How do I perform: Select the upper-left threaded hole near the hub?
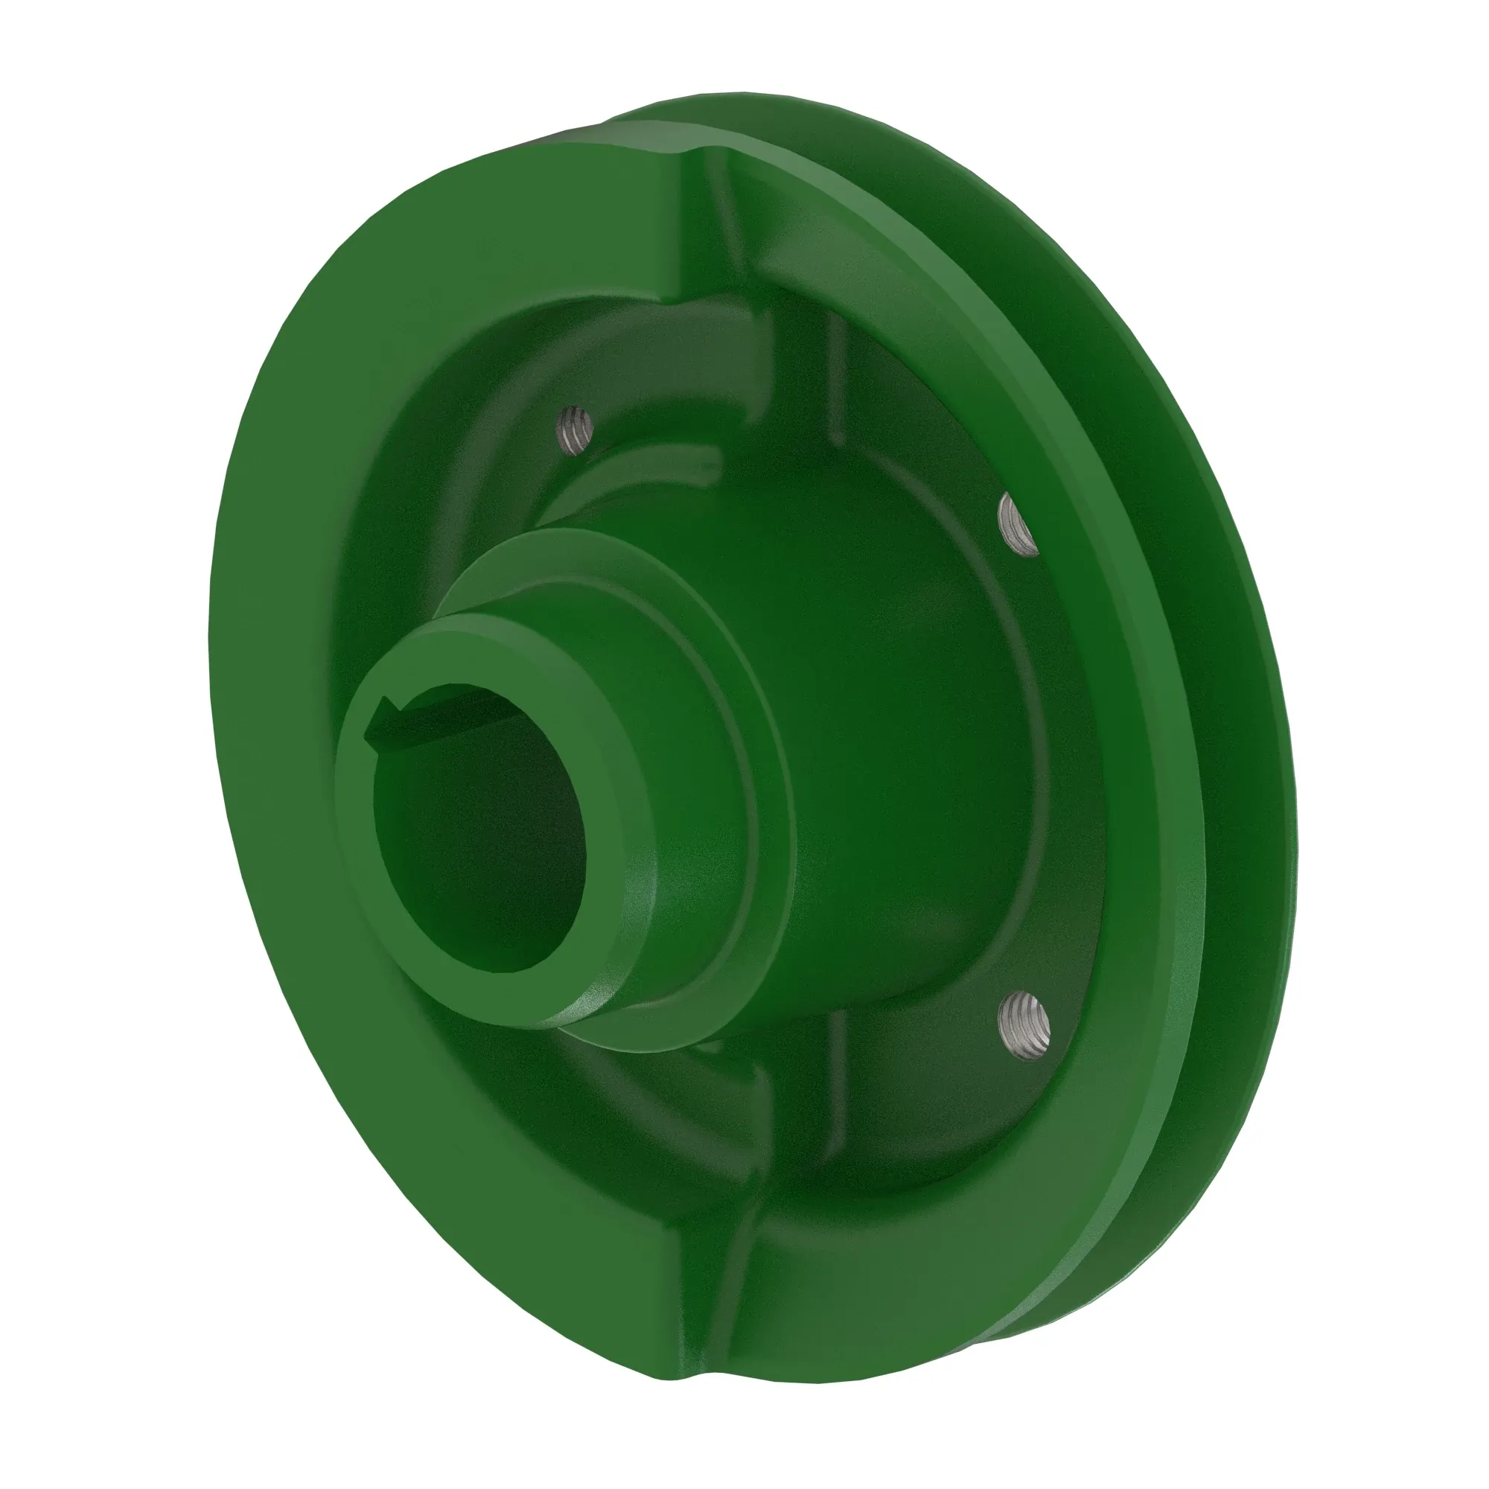tap(577, 430)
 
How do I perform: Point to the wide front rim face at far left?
tap(255, 771)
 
